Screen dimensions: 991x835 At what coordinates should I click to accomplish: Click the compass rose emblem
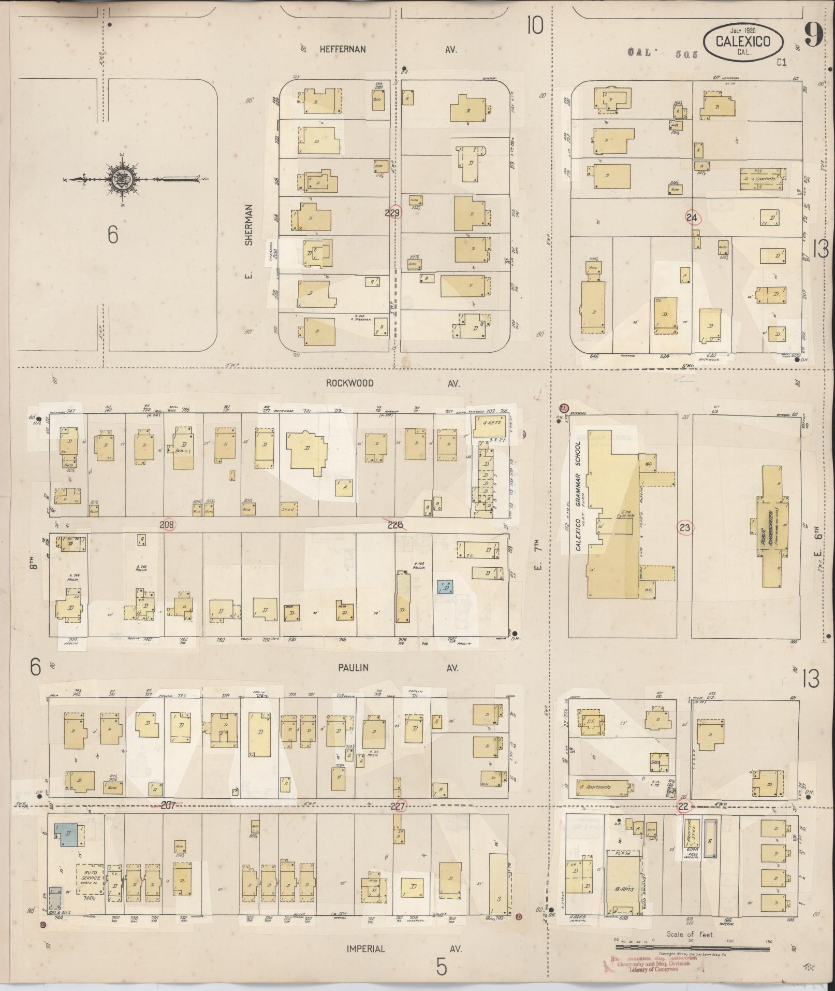coord(123,179)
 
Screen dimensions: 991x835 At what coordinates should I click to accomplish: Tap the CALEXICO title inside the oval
coord(743,41)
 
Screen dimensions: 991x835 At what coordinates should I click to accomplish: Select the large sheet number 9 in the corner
coord(813,36)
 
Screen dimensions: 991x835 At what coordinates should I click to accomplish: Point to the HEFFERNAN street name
coord(343,49)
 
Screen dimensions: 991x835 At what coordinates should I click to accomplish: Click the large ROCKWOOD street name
coord(349,383)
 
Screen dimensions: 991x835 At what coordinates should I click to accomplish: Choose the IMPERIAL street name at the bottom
coord(366,949)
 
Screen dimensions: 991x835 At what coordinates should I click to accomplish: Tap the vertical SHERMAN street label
coord(250,224)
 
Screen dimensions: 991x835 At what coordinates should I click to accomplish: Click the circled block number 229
coord(394,212)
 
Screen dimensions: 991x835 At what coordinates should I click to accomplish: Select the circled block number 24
coord(692,217)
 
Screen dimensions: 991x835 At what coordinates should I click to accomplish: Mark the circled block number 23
coord(684,528)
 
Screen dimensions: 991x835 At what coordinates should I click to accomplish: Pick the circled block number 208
coord(167,525)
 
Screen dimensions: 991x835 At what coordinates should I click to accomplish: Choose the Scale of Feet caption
coord(690,934)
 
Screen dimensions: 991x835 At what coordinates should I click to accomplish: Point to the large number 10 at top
coord(535,25)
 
